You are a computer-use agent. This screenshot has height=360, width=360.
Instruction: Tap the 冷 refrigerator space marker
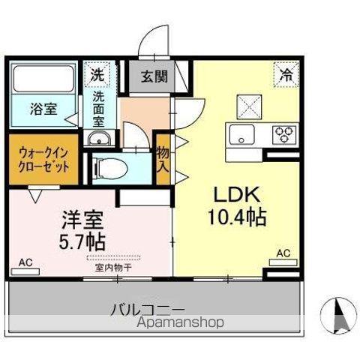coord(286,73)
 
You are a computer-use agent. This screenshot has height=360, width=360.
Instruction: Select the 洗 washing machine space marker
coord(97,74)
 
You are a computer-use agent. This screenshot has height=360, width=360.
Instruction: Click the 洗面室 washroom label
coord(99,108)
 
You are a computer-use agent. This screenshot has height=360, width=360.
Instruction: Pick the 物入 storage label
coord(163,164)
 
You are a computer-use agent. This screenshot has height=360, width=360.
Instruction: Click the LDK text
coord(232,194)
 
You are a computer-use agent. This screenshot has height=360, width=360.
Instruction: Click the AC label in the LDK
coord(283,254)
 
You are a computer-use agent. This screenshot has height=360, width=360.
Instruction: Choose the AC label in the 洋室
coord(25,262)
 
